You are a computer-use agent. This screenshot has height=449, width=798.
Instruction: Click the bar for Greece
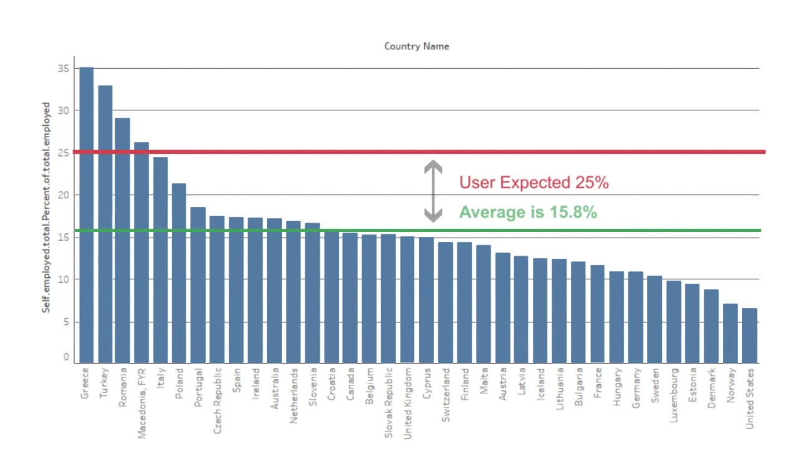pos(86,215)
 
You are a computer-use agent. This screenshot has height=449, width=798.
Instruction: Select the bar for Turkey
pos(105,224)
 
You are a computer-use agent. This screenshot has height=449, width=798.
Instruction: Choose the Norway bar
pos(730,334)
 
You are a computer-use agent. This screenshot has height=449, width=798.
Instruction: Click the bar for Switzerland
pos(445,302)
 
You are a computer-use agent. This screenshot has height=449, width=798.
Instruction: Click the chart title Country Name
pos(416,46)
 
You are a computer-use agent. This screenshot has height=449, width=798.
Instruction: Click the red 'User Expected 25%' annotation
pos(534,183)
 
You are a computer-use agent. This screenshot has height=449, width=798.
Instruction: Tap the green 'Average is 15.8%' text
pos(528,213)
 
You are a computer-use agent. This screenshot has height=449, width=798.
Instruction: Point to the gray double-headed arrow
pos(433,191)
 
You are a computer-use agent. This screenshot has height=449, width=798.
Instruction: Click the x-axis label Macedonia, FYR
pos(143,403)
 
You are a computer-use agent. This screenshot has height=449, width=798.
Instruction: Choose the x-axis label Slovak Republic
pos(389,402)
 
